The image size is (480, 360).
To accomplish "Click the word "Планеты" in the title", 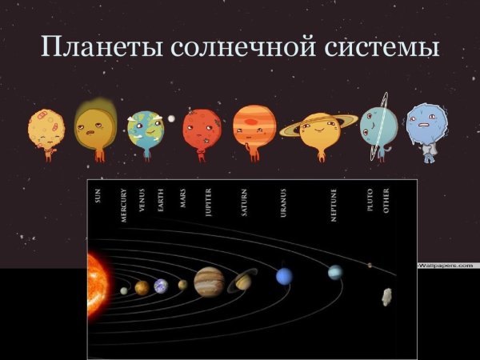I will click(100, 47).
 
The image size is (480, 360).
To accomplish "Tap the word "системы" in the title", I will click(391, 47).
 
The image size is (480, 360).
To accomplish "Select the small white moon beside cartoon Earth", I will click(171, 118).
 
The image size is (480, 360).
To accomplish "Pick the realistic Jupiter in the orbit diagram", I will click(209, 281).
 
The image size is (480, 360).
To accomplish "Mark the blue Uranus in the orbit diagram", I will click(284, 276).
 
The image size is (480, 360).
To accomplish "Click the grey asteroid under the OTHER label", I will click(387, 297).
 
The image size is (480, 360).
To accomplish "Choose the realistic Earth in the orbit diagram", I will click(161, 286).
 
